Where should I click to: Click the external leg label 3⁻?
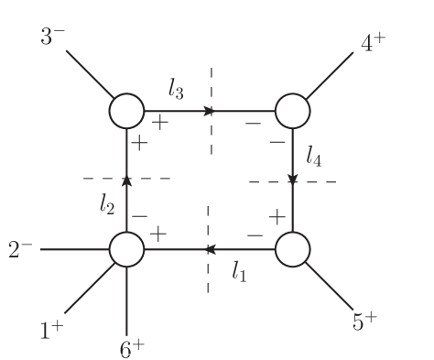pos(52,38)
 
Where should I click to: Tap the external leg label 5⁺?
pos(364,321)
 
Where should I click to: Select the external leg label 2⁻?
pos(21,249)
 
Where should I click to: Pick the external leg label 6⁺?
pos(132,347)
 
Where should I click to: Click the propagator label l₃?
pos(177,89)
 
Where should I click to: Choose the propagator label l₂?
pos(107,206)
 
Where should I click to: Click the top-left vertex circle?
pos(127,111)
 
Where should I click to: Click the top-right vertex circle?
pos(292,111)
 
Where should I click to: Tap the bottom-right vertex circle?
pos(292,249)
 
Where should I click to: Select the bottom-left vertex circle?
pos(127,249)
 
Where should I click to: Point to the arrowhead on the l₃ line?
pos(210,111)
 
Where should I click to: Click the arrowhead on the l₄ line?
pos(292,180)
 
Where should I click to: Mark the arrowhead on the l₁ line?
pos(210,249)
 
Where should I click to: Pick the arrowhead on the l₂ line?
pos(127,180)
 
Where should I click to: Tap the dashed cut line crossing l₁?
pos(209,275)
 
